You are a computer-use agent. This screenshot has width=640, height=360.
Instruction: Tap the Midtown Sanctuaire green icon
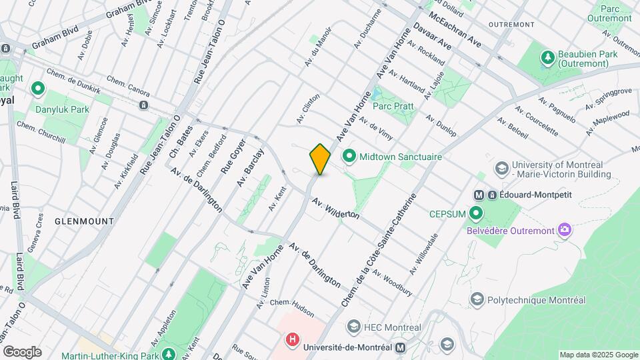349,157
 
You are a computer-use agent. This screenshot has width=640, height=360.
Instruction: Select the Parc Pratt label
393,106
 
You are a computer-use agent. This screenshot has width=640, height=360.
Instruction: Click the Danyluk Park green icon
38,88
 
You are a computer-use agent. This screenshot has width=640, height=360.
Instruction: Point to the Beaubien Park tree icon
548,57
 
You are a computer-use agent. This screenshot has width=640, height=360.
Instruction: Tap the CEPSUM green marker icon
476,213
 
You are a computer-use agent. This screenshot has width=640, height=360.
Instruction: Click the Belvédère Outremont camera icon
565,230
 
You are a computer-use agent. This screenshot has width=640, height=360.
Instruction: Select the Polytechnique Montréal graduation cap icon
476,299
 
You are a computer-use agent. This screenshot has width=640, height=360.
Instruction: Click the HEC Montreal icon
353,327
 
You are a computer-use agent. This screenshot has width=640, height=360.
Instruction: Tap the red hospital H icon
292,340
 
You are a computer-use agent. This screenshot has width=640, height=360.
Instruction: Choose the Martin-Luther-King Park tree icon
170,353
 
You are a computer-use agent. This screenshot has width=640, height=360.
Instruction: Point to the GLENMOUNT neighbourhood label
84,220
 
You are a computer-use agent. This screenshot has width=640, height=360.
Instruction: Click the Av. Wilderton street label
335,207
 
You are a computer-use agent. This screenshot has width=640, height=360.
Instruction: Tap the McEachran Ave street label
455,29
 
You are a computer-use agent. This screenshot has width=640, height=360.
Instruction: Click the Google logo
22,351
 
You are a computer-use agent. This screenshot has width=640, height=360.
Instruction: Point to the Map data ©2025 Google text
598,355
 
